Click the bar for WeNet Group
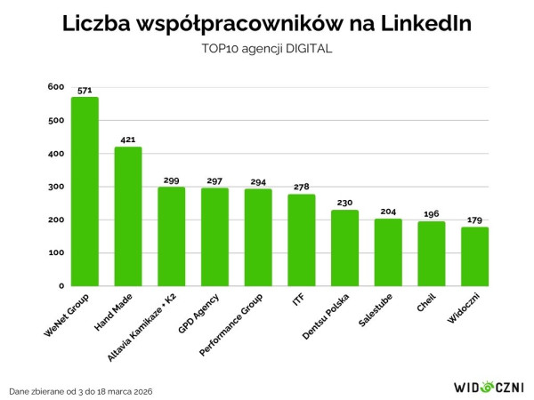tap(85, 191)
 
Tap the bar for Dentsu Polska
tap(344, 248)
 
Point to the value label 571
tap(85, 90)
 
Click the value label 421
tap(128, 140)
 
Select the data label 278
tap(301, 188)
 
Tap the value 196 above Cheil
tap(431, 214)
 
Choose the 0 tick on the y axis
tap(61, 286)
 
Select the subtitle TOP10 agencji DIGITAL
tap(267, 49)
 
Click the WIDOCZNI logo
tap(489, 387)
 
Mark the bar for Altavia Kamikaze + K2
tap(171, 236)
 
